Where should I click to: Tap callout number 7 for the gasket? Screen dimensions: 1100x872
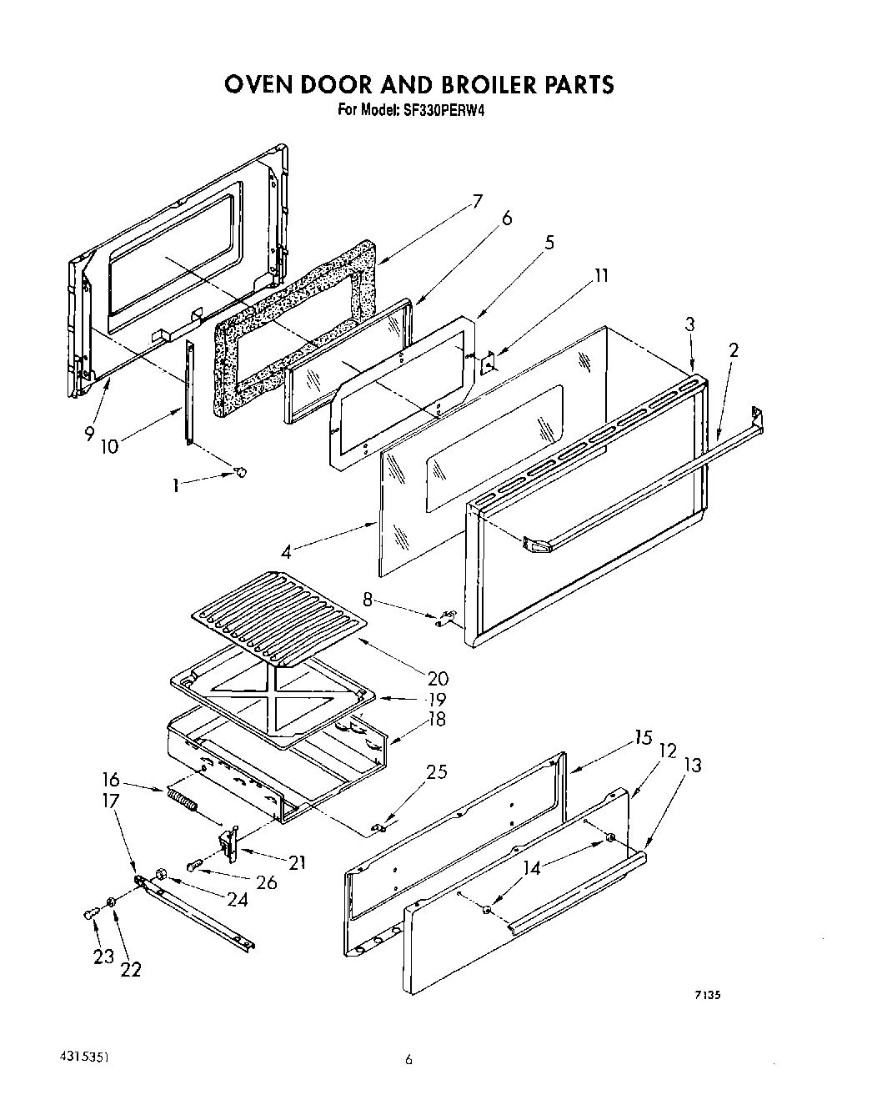click(x=477, y=201)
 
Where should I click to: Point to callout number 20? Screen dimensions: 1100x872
click(x=438, y=678)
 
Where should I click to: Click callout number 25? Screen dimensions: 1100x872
click(x=436, y=771)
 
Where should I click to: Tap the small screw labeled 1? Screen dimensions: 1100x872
click(x=241, y=473)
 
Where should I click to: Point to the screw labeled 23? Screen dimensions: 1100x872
click(x=88, y=915)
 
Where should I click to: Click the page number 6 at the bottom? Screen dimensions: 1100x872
click(x=408, y=1061)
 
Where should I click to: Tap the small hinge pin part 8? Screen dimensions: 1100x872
click(x=445, y=617)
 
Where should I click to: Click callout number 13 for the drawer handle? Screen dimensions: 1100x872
click(x=692, y=766)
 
